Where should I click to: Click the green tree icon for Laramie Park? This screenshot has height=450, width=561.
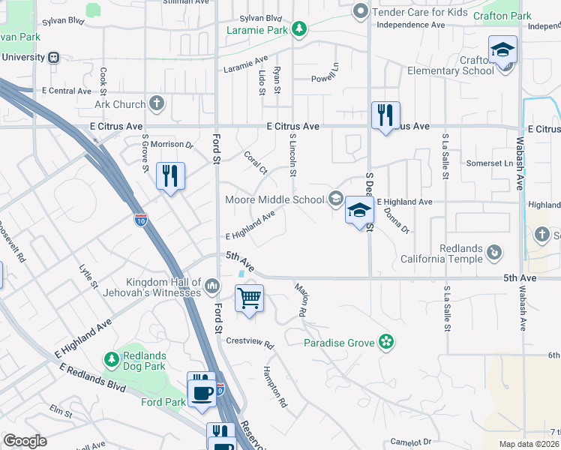coord(299,29)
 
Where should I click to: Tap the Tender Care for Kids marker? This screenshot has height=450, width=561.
coord(360,11)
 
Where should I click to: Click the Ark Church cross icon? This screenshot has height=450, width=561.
coord(157,104)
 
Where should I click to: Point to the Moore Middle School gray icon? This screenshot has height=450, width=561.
coord(336,199)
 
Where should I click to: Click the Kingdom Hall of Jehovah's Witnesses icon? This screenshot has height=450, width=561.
coord(213,286)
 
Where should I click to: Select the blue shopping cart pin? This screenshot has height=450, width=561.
coord(249,297)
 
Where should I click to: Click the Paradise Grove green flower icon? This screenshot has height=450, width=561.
coord(385,343)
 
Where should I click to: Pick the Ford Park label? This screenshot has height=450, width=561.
coord(163,402)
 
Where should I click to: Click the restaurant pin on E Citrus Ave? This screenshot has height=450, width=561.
coord(385,115)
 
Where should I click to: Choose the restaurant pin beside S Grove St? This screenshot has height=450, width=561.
coord(170,176)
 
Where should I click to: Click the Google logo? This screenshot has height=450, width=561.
coord(25,441)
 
